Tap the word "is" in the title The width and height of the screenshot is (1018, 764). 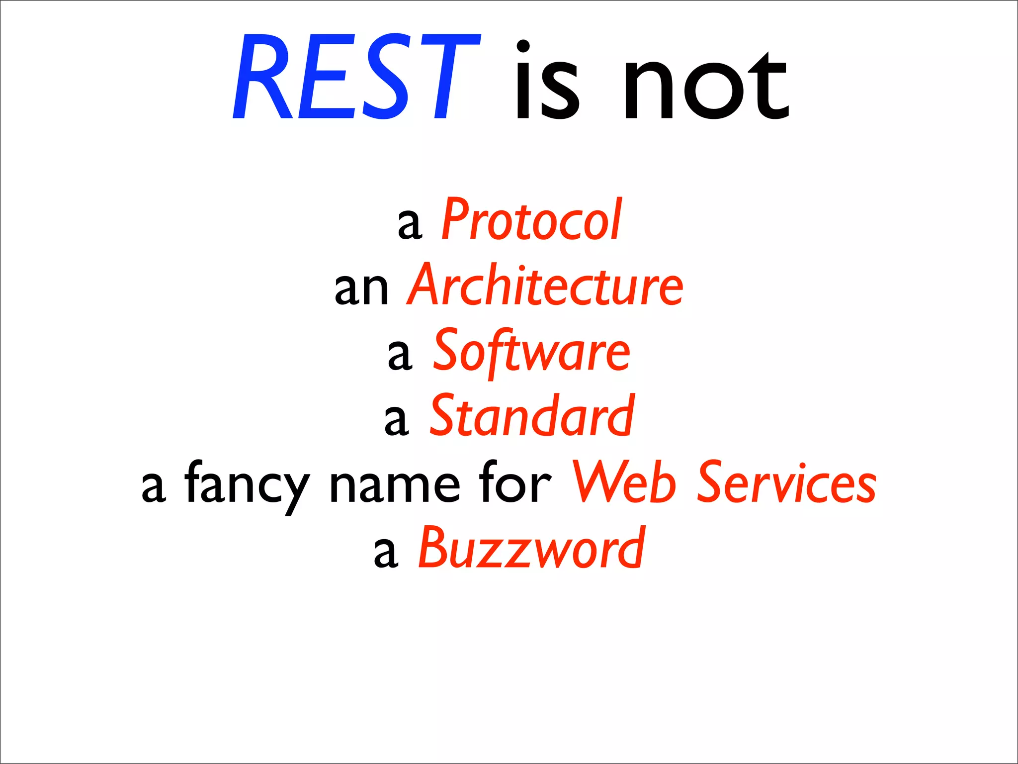click(x=547, y=82)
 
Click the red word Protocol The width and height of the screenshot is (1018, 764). click(x=531, y=220)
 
